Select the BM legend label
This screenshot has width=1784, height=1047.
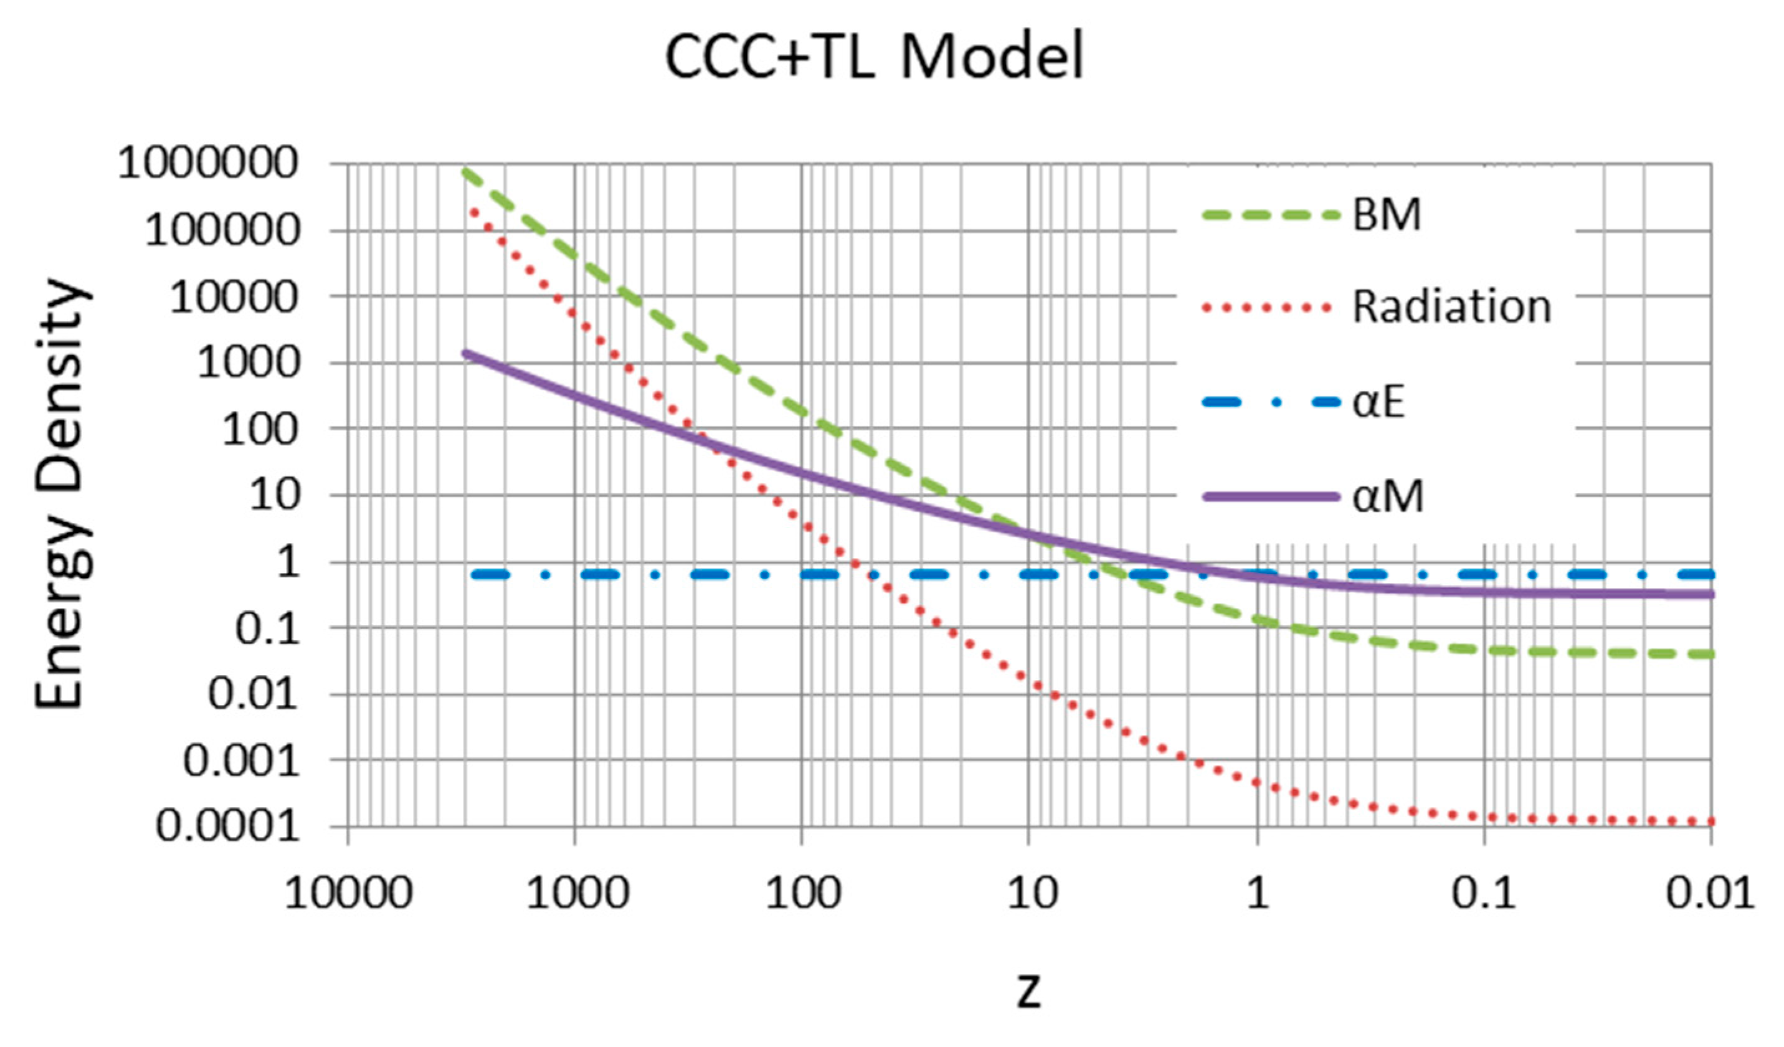click(1386, 216)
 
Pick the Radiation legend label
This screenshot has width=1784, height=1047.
click(1451, 307)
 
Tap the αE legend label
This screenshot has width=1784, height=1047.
click(1378, 402)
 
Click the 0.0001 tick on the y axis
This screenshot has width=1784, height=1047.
click(228, 826)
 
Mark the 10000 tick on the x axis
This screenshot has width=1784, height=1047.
click(348, 893)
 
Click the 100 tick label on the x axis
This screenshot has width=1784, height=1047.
click(803, 893)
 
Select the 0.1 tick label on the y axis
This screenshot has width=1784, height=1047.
click(266, 628)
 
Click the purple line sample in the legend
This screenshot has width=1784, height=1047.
click(1271, 497)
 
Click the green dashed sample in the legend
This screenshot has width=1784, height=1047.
click(1271, 216)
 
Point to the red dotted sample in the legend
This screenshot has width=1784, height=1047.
click(1267, 308)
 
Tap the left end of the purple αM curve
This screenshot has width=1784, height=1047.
click(466, 353)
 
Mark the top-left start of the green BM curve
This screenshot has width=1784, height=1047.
click(466, 172)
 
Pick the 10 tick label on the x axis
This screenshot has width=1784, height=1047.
click(1032, 893)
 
